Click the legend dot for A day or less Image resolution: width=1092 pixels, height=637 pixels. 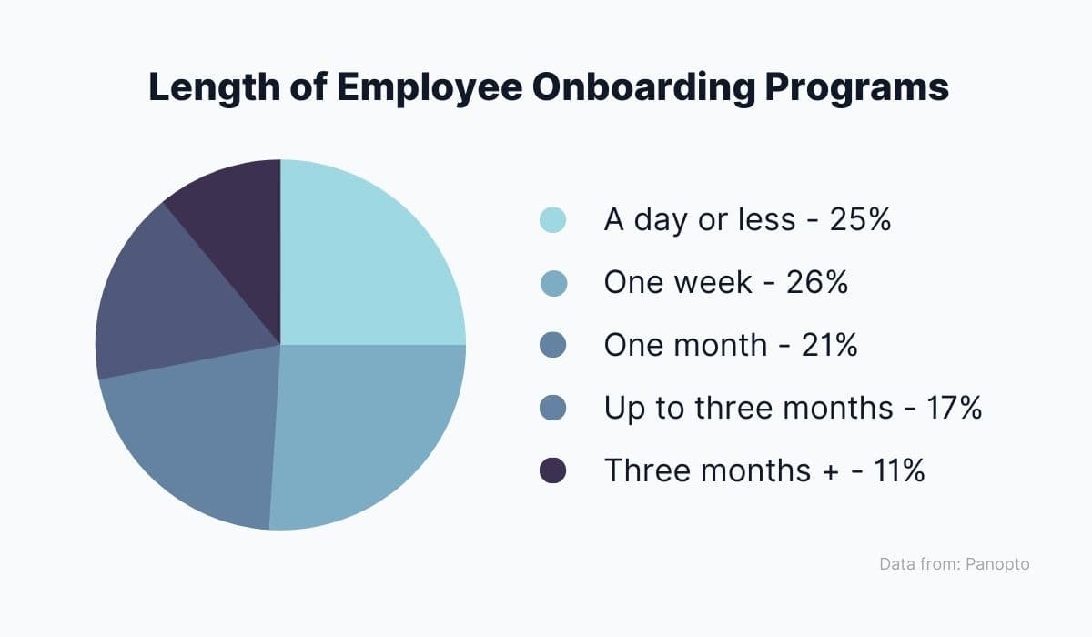(553, 220)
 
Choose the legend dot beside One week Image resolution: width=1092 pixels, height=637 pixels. (553, 283)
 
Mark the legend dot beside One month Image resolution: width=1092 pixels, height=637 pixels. (553, 346)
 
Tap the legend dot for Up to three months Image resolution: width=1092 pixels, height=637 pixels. (553, 408)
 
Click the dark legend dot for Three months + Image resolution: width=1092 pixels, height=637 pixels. (553, 470)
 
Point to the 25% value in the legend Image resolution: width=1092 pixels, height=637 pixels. (860, 220)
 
